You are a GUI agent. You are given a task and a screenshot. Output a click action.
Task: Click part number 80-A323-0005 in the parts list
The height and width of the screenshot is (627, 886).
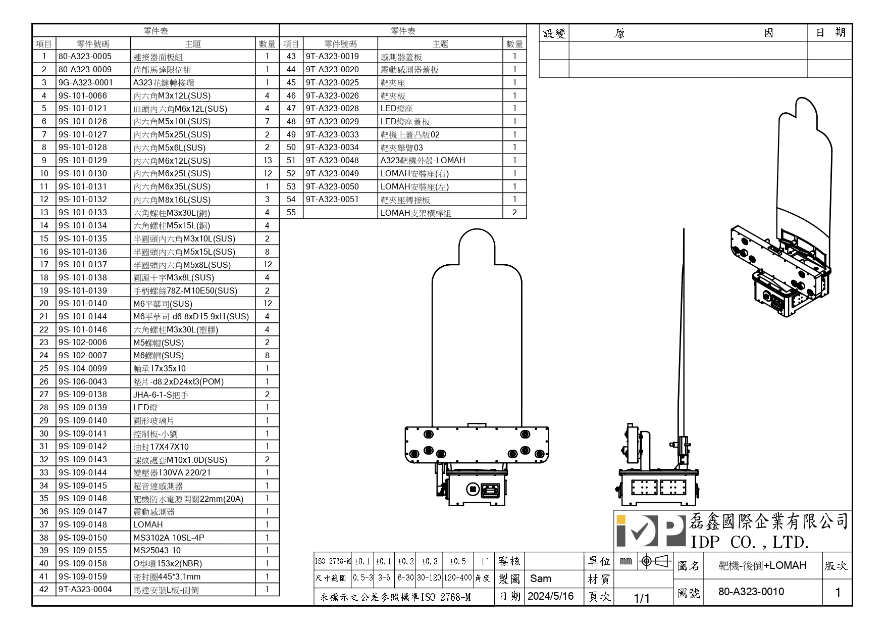tap(85, 57)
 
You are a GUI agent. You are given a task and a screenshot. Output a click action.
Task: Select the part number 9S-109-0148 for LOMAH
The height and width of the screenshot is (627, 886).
tap(83, 524)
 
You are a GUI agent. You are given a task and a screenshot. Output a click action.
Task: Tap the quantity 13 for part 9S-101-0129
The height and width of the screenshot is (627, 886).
tap(267, 161)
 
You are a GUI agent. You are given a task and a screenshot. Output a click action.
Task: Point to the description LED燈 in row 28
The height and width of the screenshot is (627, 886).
tap(145, 408)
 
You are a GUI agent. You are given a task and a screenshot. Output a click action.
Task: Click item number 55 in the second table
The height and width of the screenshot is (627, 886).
tap(291, 213)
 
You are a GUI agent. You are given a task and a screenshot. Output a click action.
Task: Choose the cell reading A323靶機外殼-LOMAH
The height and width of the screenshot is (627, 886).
tap(423, 161)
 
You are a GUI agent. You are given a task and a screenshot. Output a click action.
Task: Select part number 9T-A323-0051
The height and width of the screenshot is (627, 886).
tap(332, 200)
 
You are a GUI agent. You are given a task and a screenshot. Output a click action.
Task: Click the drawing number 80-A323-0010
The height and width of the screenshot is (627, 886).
tap(751, 592)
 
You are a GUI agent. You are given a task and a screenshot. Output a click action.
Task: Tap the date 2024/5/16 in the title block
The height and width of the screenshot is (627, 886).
tap(550, 596)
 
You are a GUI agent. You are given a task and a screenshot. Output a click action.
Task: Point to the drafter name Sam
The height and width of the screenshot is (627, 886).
tap(540, 578)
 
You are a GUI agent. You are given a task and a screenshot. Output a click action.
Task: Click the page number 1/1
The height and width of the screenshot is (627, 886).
tap(642, 598)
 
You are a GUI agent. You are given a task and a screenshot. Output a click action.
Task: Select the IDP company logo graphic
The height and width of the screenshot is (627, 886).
tap(650, 532)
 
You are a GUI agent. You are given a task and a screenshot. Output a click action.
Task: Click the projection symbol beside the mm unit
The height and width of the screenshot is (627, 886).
tap(654, 561)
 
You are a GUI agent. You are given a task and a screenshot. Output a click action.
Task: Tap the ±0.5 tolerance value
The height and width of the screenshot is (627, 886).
tap(457, 561)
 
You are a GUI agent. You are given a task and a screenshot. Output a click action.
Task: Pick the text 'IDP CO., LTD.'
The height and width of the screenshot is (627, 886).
tap(750, 543)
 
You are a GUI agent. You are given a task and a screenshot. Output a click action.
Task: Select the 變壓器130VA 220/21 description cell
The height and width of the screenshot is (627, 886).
tap(172, 473)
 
